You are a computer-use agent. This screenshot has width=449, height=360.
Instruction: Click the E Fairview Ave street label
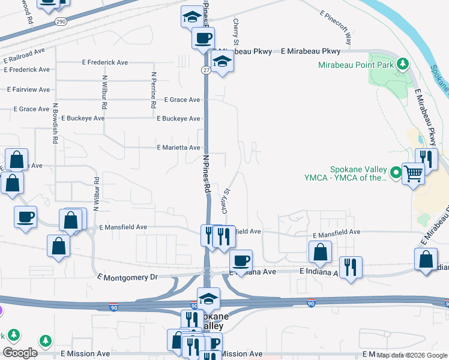point(28,89)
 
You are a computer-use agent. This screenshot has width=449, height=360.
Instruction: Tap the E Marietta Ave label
point(178,148)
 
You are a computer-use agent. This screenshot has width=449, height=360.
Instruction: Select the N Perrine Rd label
point(154,90)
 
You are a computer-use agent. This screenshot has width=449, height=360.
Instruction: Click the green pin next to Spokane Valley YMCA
point(396,173)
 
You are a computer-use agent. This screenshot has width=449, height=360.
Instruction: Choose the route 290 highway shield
point(61,22)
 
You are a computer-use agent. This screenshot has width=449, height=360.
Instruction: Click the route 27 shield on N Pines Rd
point(205,70)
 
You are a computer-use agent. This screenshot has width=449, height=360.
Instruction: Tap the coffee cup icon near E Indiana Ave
point(241,260)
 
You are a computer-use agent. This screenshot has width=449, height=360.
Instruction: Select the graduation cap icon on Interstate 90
point(208,298)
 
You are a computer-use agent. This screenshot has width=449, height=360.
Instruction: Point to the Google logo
point(20,353)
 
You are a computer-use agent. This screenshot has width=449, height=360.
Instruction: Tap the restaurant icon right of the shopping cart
point(427,159)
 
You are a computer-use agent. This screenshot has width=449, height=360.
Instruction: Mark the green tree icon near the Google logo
point(46,341)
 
